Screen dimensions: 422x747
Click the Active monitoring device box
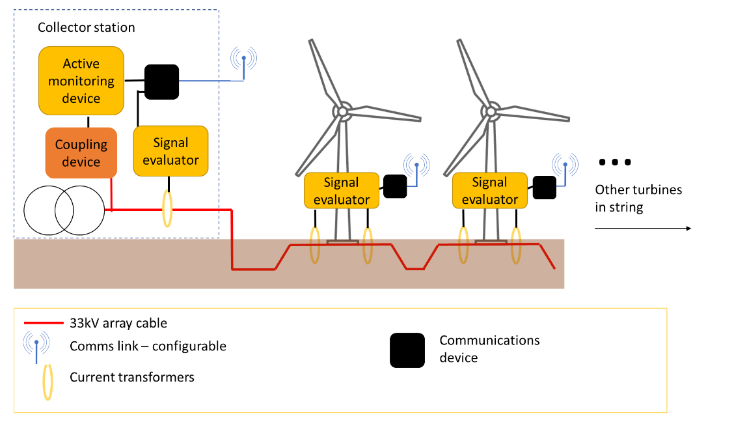coord(81,81)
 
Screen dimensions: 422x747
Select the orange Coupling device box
coord(81,153)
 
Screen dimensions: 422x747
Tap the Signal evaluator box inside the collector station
coord(170,151)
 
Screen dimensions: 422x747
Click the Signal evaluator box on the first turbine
coord(342,191)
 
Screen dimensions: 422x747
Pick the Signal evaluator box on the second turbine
coord(489,191)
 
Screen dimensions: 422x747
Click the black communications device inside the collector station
coord(161,82)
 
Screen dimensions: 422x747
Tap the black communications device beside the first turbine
coord(395,186)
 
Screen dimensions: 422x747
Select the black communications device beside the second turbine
coord(545,187)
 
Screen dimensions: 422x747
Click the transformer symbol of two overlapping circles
coord(64,210)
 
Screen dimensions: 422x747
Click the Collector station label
coord(87,28)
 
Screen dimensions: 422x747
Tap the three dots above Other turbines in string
coord(615,162)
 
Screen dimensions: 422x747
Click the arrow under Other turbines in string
coord(642,229)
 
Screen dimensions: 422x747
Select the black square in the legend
coord(407,350)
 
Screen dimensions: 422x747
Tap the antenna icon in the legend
coord(36,345)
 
